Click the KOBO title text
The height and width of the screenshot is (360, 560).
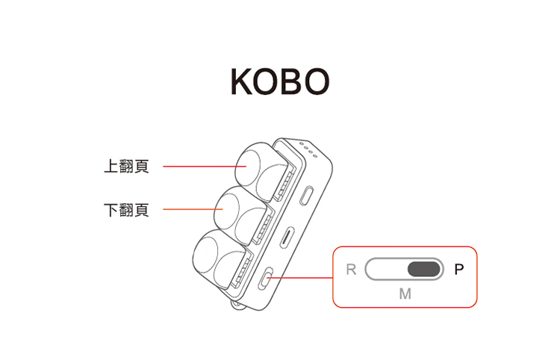[x=279, y=82]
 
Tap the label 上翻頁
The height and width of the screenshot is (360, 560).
[x=126, y=166]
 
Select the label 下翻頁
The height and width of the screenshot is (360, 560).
[x=126, y=210]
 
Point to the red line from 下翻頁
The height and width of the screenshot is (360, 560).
[x=187, y=210]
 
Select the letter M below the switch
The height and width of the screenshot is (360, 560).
[x=405, y=294]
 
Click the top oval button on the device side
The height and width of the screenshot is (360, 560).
[x=308, y=196]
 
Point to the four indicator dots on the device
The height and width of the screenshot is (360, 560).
[x=307, y=149]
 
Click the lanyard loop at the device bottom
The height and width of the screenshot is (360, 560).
[x=237, y=305]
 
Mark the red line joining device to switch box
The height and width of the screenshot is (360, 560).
[x=302, y=278]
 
